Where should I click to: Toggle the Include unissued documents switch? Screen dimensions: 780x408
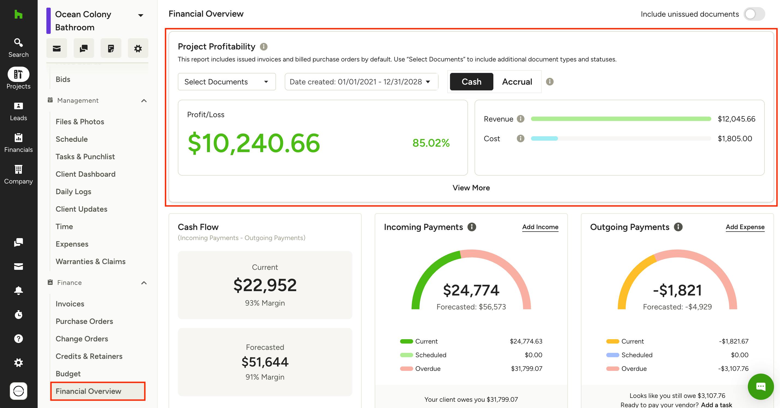coord(754,14)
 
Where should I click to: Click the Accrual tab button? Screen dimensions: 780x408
coord(517,82)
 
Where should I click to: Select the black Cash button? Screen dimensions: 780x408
coord(472,82)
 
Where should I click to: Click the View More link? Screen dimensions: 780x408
coord(471,188)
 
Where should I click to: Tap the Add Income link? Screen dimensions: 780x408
coord(540,227)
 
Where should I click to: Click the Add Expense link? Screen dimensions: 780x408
coord(745,227)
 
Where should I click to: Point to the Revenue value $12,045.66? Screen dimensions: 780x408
coord(736,119)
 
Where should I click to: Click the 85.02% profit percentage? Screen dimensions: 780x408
coord(431,143)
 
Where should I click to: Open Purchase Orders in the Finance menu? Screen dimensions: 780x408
coord(84,321)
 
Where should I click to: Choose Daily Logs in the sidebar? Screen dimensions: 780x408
coord(73,191)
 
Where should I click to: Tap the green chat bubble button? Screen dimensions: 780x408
coord(761,386)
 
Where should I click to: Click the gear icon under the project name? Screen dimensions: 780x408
coord(138,48)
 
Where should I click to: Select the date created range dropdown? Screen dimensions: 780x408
coord(361,82)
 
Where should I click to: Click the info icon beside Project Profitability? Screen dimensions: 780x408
coord(264,47)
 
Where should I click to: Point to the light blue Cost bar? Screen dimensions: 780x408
coord(544,138)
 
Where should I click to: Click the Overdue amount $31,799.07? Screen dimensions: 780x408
coord(527,369)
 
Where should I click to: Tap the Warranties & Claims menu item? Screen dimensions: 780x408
coord(91,262)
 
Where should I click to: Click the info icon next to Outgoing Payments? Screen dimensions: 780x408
coord(678,227)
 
